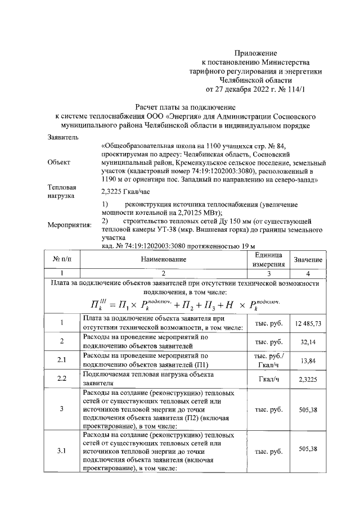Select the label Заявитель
click(x=64, y=137)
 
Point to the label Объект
click(x=60, y=162)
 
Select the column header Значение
click(x=308, y=259)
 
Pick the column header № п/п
click(x=63, y=259)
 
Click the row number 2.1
click(x=63, y=360)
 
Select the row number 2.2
click(x=63, y=379)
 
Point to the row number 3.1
click(x=63, y=451)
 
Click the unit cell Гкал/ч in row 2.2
click(x=269, y=379)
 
